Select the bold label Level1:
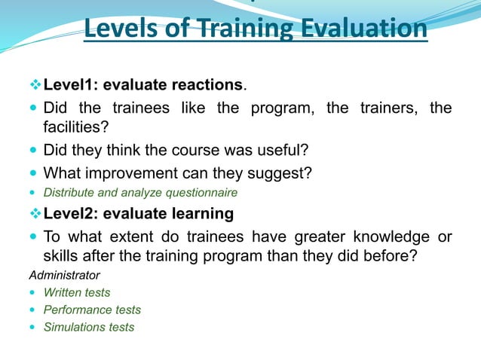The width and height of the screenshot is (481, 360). (x=74, y=84)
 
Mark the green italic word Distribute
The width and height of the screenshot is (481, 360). (x=69, y=194)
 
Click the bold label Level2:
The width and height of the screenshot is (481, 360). (x=74, y=214)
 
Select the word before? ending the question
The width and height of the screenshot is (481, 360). (x=381, y=256)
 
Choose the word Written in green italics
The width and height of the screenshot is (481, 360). (x=62, y=292)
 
